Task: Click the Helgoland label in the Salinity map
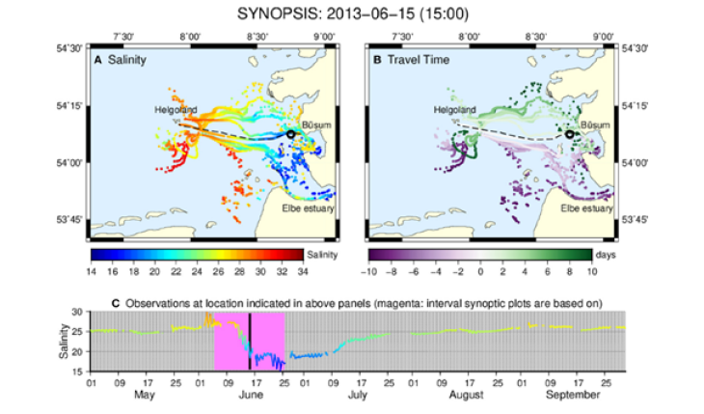tap(175, 110)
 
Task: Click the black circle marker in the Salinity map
tap(291, 135)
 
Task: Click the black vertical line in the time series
tap(250, 341)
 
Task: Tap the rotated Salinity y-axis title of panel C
tap(65, 342)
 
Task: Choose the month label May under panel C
tap(145, 395)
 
